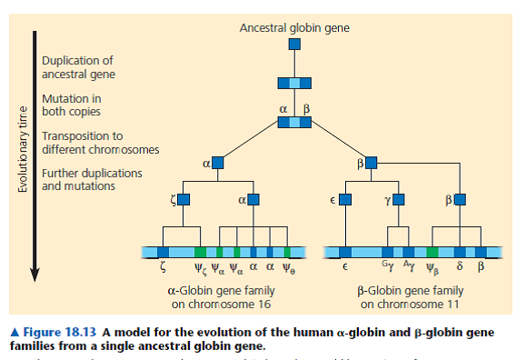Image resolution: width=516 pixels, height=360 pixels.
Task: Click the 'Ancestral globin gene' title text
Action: [293, 28]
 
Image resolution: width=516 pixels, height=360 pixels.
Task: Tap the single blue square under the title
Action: [294, 45]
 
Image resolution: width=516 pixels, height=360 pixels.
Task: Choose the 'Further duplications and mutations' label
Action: [92, 178]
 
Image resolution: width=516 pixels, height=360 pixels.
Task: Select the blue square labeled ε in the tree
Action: [346, 198]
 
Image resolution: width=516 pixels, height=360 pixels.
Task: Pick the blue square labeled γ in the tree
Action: [397, 198]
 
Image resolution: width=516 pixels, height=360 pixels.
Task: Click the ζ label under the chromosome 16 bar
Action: [162, 268]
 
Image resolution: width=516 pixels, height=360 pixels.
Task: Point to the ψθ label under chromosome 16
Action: [289, 269]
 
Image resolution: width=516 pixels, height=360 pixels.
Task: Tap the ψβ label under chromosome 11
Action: [432, 269]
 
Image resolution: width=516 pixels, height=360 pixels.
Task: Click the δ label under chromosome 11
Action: [461, 268]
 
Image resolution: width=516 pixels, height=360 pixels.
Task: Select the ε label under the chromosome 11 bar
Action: [345, 269]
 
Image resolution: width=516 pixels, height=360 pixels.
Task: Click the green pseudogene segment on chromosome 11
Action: [432, 250]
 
